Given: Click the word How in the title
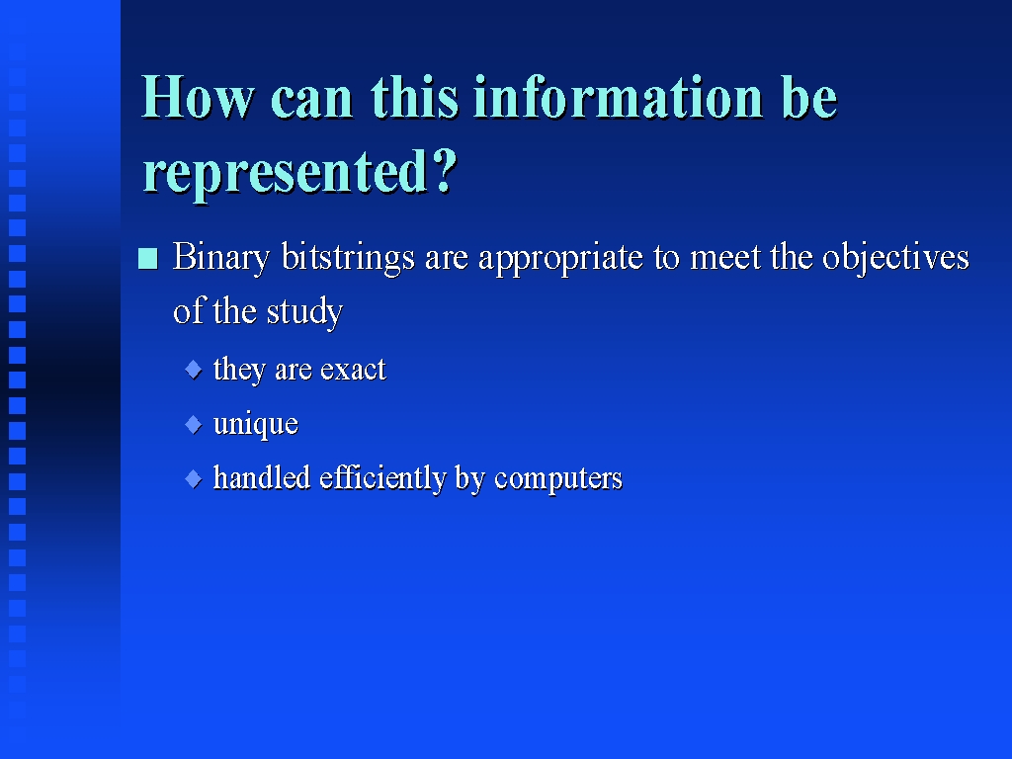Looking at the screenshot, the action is [198, 97].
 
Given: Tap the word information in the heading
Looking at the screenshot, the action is [619, 97].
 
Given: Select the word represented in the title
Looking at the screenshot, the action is [285, 172].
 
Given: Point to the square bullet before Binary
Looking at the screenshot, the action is [148, 259].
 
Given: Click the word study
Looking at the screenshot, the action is [304, 312].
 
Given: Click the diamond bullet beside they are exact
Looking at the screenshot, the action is [194, 370].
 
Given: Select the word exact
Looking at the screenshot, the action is [353, 370].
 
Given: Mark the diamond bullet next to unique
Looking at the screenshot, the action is [194, 425].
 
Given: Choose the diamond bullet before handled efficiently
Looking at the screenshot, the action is [194, 479].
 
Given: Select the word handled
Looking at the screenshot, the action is [261, 477].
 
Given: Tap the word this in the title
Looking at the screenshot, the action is [414, 97].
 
